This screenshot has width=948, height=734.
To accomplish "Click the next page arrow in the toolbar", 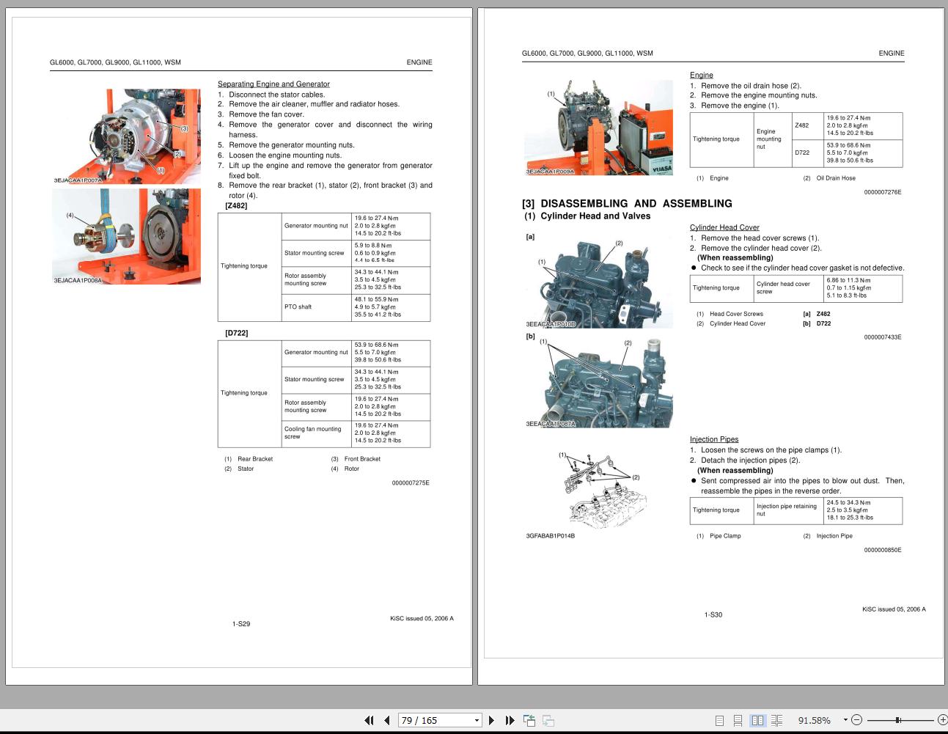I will coord(491,720).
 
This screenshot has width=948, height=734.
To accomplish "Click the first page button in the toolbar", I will coord(369,720).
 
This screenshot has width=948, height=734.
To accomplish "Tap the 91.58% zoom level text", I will coord(814,721).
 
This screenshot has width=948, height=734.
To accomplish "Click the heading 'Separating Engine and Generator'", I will coord(273,84).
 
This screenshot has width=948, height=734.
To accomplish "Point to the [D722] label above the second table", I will coord(237,333).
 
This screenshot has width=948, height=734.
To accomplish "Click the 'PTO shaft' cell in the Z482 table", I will coord(298,307).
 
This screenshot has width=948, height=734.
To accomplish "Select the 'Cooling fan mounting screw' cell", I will coord(313,433).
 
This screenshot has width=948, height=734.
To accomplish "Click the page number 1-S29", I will coord(241,624).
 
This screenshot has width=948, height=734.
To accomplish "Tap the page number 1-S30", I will coord(713,614).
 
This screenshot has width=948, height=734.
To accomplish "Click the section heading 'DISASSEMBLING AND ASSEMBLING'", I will coord(636,204).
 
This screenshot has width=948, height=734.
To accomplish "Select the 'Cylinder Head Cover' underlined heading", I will coord(724,227).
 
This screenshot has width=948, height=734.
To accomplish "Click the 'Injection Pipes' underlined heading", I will coord(713,439).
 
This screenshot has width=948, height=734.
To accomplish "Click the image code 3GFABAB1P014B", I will coord(550,536).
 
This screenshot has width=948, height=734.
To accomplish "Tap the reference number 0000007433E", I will coord(882,337).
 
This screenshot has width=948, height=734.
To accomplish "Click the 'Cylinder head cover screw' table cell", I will coord(783,287).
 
